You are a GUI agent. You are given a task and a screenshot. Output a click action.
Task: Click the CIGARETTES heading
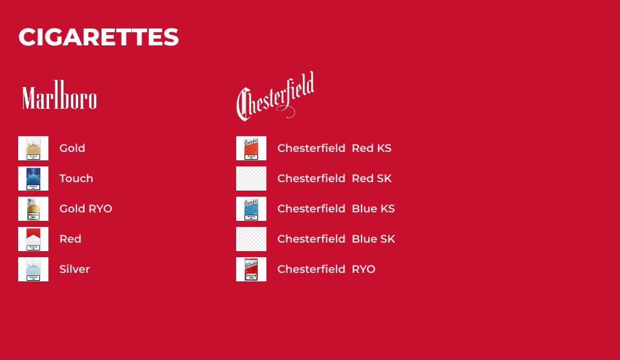coord(99,38)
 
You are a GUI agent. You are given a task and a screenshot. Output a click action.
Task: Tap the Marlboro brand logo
coord(59,97)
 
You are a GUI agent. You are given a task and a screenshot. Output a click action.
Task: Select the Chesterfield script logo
coord(275,96)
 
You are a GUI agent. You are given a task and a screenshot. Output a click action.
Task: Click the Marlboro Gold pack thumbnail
coord(33,148)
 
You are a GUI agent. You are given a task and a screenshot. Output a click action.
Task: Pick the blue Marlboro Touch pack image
coord(33,178)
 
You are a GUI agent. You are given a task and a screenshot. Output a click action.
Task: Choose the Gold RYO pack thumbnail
coord(33,209)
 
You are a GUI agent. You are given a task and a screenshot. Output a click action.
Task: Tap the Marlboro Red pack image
coord(33,239)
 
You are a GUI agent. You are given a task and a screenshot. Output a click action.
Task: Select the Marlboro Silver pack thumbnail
coord(33,269)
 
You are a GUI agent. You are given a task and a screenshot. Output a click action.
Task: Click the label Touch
coord(76,178)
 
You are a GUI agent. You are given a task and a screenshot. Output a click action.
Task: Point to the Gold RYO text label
coord(85,209)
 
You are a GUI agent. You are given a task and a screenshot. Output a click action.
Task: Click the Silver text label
coord(74,269)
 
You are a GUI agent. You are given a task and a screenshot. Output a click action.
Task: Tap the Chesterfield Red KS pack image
coord(251,148)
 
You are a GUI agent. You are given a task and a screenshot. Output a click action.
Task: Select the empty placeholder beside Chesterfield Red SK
coord(251,178)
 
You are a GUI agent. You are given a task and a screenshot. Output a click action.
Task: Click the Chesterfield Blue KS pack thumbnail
coord(251,209)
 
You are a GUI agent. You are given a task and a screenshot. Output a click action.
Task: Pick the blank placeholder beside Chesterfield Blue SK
coord(251,239)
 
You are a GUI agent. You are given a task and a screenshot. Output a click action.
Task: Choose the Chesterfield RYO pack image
coord(251,269)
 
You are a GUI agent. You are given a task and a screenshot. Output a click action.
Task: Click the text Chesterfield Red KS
coord(334,148)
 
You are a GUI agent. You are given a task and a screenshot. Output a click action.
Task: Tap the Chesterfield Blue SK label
coord(336,239)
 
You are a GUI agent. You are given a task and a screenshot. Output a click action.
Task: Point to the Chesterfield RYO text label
coord(326,269)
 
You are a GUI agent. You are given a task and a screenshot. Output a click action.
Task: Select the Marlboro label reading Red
coord(70,239)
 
